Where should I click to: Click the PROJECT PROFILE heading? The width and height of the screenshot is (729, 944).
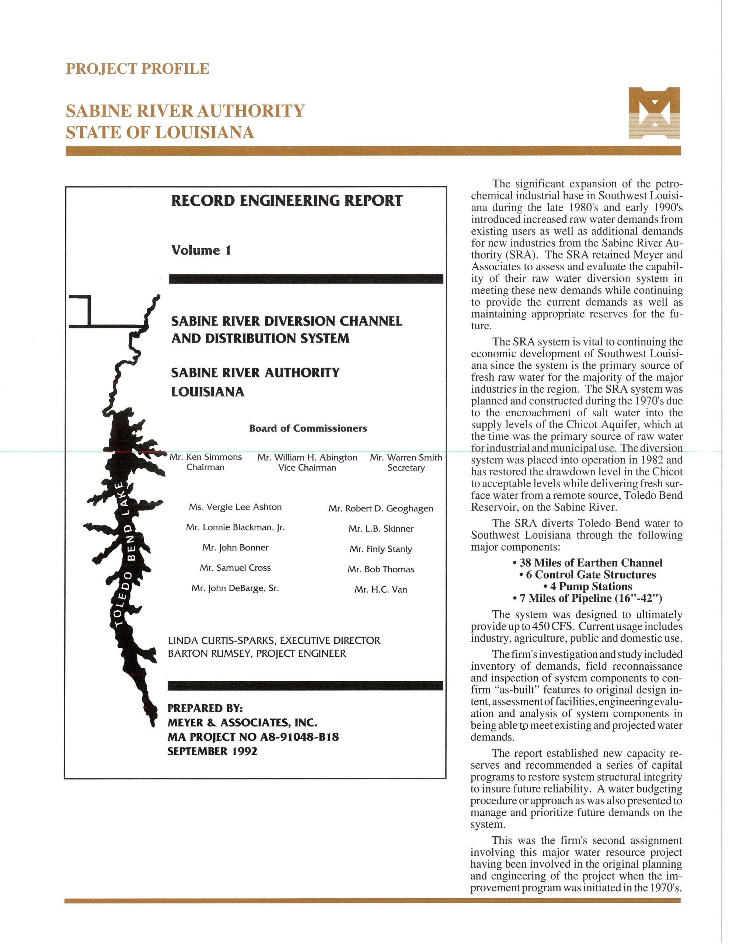point(137,69)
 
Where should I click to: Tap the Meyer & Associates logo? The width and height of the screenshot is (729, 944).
point(654,113)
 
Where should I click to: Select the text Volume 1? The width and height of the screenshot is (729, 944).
point(201,250)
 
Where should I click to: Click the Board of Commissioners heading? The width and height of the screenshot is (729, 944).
point(308,428)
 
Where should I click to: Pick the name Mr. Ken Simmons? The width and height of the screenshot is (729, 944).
point(206,457)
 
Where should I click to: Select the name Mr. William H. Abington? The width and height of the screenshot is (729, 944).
point(307,457)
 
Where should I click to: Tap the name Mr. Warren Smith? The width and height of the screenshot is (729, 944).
point(406,457)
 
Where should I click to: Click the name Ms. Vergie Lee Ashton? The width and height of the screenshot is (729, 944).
point(235,507)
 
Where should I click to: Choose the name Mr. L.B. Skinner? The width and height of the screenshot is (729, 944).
point(381,529)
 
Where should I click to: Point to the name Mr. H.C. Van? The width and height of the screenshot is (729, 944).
point(381,590)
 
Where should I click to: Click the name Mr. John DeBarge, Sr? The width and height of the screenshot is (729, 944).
point(235,588)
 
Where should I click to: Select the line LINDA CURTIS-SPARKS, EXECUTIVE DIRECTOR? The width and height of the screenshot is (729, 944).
point(274,640)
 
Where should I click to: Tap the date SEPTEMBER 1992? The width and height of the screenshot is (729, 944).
point(212,751)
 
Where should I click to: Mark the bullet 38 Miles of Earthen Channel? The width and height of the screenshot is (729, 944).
point(587,563)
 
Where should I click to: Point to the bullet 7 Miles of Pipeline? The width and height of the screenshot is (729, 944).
point(587,598)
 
